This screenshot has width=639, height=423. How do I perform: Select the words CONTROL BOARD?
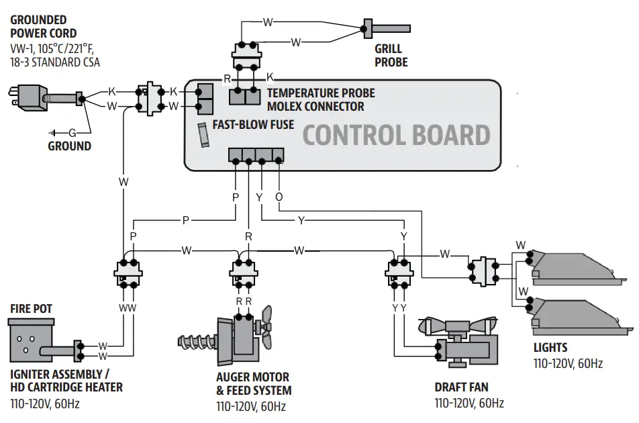tap(397, 135)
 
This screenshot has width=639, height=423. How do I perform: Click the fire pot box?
tap(31, 340)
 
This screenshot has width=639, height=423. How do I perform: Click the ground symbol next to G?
tap(52, 133)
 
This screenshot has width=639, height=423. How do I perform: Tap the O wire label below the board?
tap(279, 197)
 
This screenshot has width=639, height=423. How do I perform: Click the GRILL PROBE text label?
tap(391, 56)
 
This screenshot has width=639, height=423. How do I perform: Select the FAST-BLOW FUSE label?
tap(253, 124)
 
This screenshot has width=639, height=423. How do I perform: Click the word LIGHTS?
tap(550, 348)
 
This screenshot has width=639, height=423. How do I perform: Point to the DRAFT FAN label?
tap(461, 387)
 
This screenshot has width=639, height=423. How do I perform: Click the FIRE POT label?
tap(32, 308)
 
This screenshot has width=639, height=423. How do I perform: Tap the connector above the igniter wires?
tap(128, 273)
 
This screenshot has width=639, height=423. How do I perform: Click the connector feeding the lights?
tap(483, 271)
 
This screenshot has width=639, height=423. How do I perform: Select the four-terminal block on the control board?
tap(256, 156)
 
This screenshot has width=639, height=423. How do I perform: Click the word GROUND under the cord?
tap(69, 146)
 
